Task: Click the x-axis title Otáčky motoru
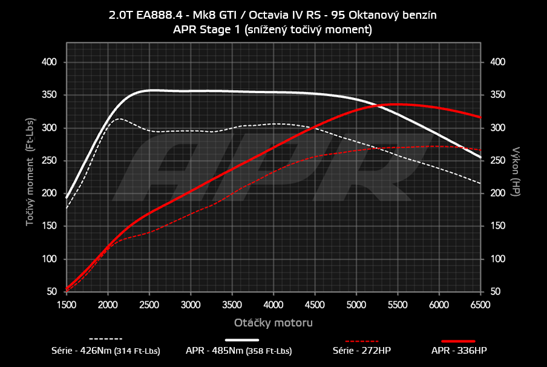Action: click(x=273, y=323)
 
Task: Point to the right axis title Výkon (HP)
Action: click(x=516, y=171)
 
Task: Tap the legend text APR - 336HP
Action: click(x=458, y=350)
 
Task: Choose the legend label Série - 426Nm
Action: click(x=106, y=350)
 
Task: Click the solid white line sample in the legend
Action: click(x=246, y=340)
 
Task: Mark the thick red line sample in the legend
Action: click(x=458, y=341)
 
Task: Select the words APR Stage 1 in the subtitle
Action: click(x=207, y=29)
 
